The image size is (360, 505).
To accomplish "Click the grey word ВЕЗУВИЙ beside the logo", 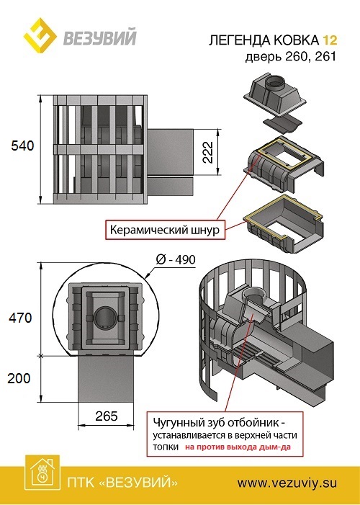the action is (x=100, y=37).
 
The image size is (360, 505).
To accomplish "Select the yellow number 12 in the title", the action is (x=330, y=40).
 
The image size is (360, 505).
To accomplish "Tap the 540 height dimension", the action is (x=22, y=146).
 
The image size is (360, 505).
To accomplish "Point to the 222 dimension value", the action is (x=208, y=152).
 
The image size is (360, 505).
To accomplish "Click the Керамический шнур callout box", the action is (x=165, y=230).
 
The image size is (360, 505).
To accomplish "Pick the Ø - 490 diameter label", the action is (x=176, y=259).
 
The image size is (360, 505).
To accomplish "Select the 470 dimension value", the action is (x=20, y=318).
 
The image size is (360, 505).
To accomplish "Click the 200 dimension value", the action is (x=19, y=378).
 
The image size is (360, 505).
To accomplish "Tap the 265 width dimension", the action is (x=107, y=416).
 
